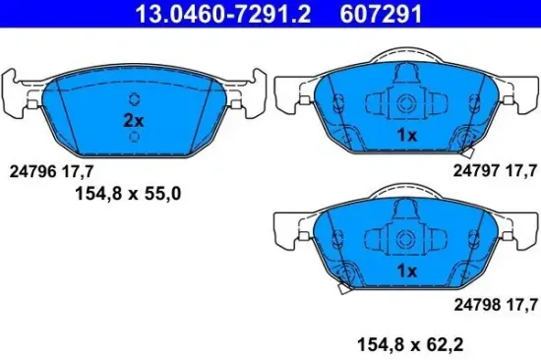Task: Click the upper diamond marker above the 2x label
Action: click(x=134, y=99)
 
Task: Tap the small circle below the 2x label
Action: click(x=134, y=137)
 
